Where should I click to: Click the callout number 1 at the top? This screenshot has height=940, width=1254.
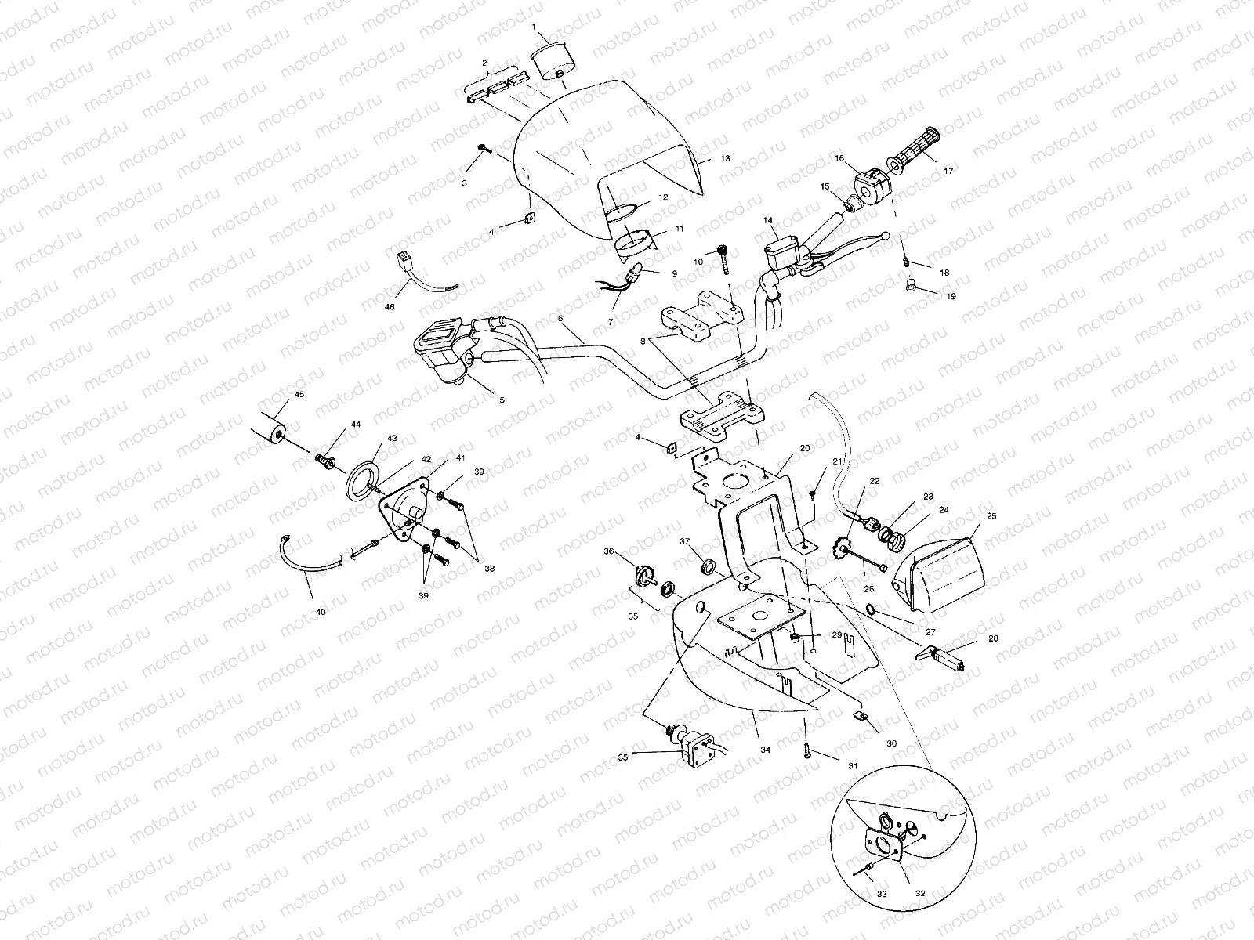point(535,27)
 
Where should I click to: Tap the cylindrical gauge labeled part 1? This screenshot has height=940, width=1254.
point(552,62)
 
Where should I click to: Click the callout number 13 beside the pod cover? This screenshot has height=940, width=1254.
point(725,158)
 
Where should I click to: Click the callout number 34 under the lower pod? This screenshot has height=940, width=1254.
point(765,750)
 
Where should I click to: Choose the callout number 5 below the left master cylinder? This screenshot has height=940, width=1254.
point(502,399)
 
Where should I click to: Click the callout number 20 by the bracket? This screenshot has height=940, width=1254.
point(804,448)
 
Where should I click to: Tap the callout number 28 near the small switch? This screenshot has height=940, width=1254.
point(994,639)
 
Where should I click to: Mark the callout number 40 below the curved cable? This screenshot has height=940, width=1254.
point(320,612)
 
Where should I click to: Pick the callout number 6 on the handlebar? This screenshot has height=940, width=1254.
point(561,319)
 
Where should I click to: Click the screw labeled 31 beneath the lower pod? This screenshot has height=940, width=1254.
point(806,751)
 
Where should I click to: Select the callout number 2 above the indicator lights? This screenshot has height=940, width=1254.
point(484,62)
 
